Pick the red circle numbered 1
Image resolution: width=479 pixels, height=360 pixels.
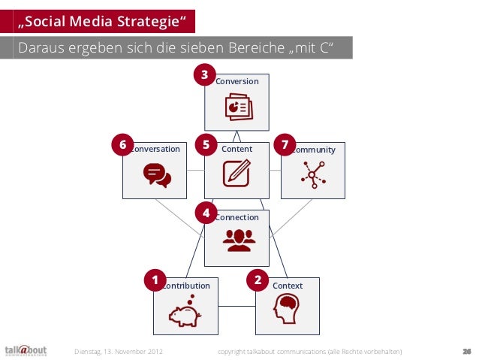155,281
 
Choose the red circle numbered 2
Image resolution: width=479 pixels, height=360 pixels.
258,281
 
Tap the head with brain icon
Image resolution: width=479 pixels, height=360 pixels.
287,308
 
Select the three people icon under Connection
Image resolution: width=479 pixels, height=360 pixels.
238,240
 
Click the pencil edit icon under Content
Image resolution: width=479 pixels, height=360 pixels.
236,173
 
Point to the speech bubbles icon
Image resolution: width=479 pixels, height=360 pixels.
157,175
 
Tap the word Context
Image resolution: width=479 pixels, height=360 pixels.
288,286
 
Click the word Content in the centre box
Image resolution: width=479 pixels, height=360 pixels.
237,149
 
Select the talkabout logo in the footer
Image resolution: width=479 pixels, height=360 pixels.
26,351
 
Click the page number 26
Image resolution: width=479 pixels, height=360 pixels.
466,351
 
